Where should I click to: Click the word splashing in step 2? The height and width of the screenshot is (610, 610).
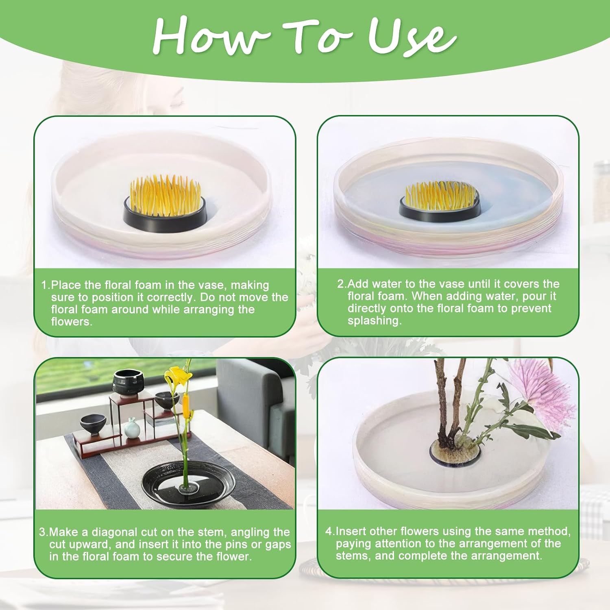374,320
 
